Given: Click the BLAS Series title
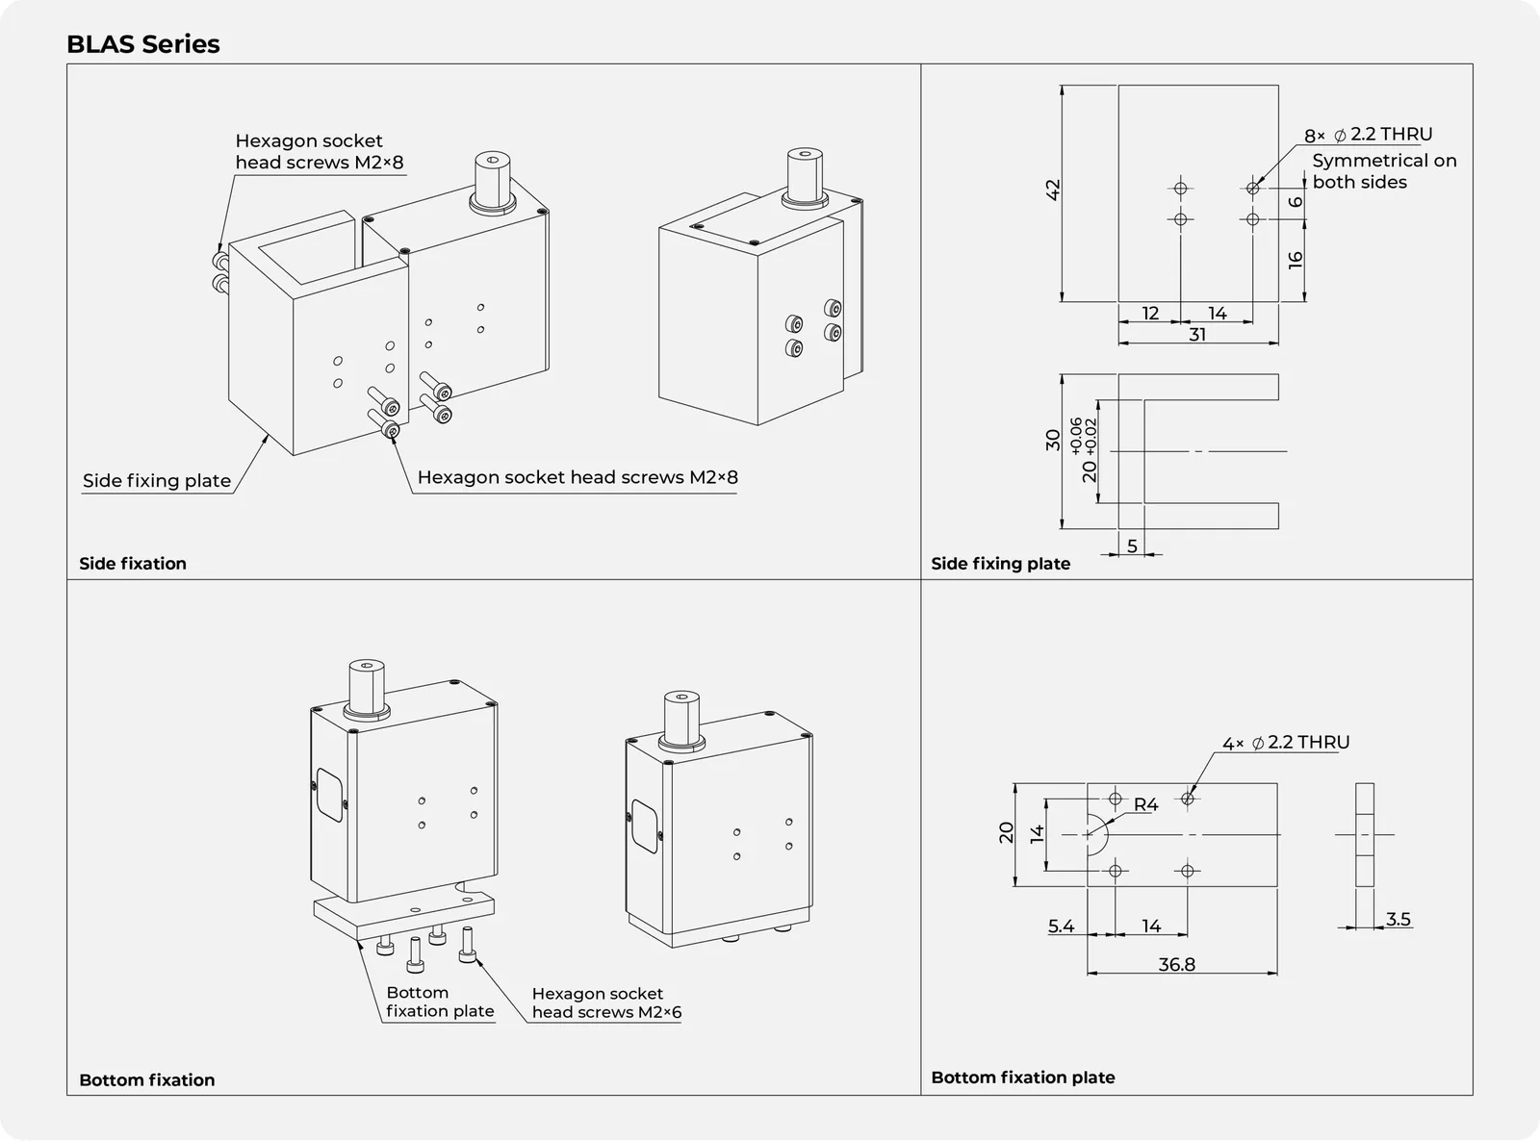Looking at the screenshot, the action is pos(143,44).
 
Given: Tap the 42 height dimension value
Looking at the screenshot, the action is pos(1053,190).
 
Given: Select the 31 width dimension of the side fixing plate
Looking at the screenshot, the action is pos(1197,335).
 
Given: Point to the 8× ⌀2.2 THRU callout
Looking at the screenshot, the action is pos(1368,135).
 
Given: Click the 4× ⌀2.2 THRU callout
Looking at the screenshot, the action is pos(1286,743).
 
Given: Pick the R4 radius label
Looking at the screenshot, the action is pos(1145,804).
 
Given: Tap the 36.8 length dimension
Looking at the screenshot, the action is pos(1177,964).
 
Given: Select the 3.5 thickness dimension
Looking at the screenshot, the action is pos(1399,919).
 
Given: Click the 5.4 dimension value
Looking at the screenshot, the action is pos(1061,926).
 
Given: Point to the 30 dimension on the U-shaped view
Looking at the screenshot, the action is pos(1053,440).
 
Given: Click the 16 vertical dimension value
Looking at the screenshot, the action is pos(1295,261).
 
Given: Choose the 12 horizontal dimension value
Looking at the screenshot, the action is pos(1150,314).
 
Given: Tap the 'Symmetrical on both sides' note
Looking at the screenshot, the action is pos(1384,171).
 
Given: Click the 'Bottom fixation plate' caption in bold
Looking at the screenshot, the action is pos(1023,1078).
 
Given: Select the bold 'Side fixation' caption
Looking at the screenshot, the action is pos(133,564).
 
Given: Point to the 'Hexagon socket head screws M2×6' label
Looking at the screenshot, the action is pos(606,1003).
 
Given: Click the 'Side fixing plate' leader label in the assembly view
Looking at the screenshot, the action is pos(157,481).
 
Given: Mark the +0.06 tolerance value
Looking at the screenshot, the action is pos(1076,436).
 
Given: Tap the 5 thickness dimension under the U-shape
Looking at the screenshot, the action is pos(1133,546).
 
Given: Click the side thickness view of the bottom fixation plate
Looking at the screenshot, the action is pos(1364,834).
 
